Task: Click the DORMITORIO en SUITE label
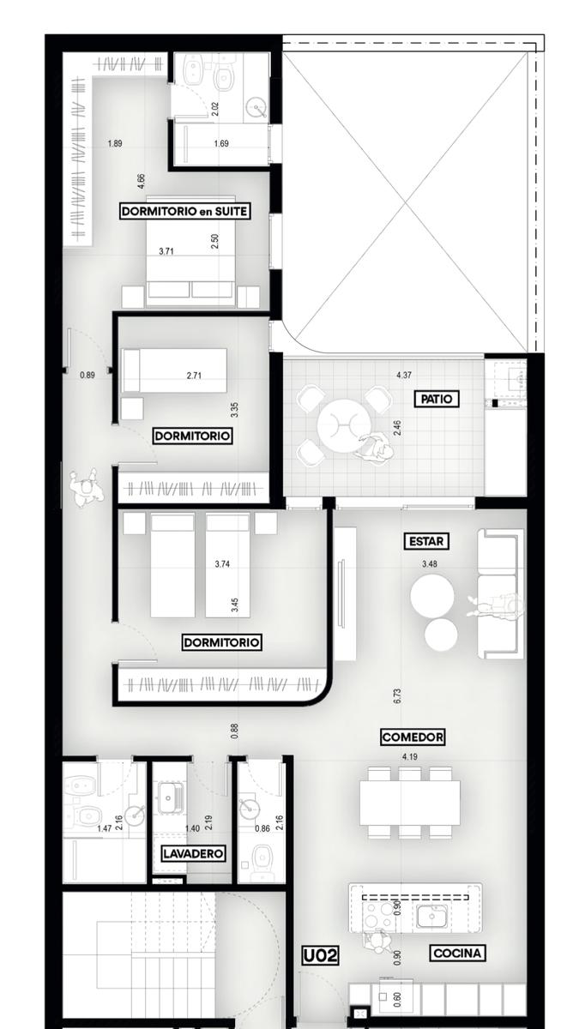click(184, 211)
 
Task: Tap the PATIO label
click(436, 399)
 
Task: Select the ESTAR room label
click(426, 541)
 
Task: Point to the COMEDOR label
click(413, 737)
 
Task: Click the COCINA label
click(457, 954)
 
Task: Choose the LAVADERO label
click(193, 853)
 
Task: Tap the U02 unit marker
click(320, 955)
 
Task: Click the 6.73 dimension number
click(397, 696)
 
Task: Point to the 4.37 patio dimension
click(404, 376)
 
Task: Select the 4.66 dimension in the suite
click(142, 181)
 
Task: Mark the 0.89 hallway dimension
click(87, 375)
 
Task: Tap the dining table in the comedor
click(410, 803)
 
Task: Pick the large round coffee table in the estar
click(432, 597)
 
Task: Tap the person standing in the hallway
click(86, 488)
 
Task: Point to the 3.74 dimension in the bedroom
click(222, 564)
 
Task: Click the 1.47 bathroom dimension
click(105, 828)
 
